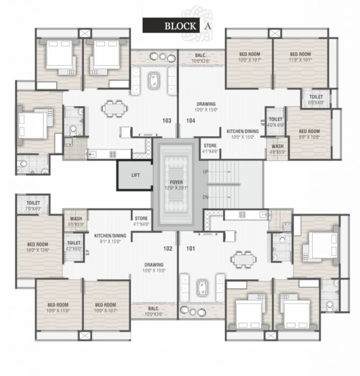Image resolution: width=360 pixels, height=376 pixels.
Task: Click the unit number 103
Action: click(x=167, y=120)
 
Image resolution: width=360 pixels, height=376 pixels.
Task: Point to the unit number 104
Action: click(x=190, y=120)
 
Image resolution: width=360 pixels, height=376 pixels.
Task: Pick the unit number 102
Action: click(x=168, y=249)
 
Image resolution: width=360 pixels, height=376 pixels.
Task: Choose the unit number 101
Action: click(x=190, y=249)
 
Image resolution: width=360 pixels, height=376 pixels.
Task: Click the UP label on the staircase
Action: click(x=205, y=172)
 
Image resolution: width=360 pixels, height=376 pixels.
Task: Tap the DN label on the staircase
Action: click(x=205, y=197)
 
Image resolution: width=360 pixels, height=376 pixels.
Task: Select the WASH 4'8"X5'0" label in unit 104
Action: click(x=277, y=149)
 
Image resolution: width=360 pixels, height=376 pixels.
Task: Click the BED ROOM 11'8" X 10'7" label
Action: click(x=300, y=57)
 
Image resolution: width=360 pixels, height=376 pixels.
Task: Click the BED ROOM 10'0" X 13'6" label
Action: click(x=38, y=247)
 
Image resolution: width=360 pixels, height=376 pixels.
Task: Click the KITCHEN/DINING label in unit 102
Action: click(x=110, y=238)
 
